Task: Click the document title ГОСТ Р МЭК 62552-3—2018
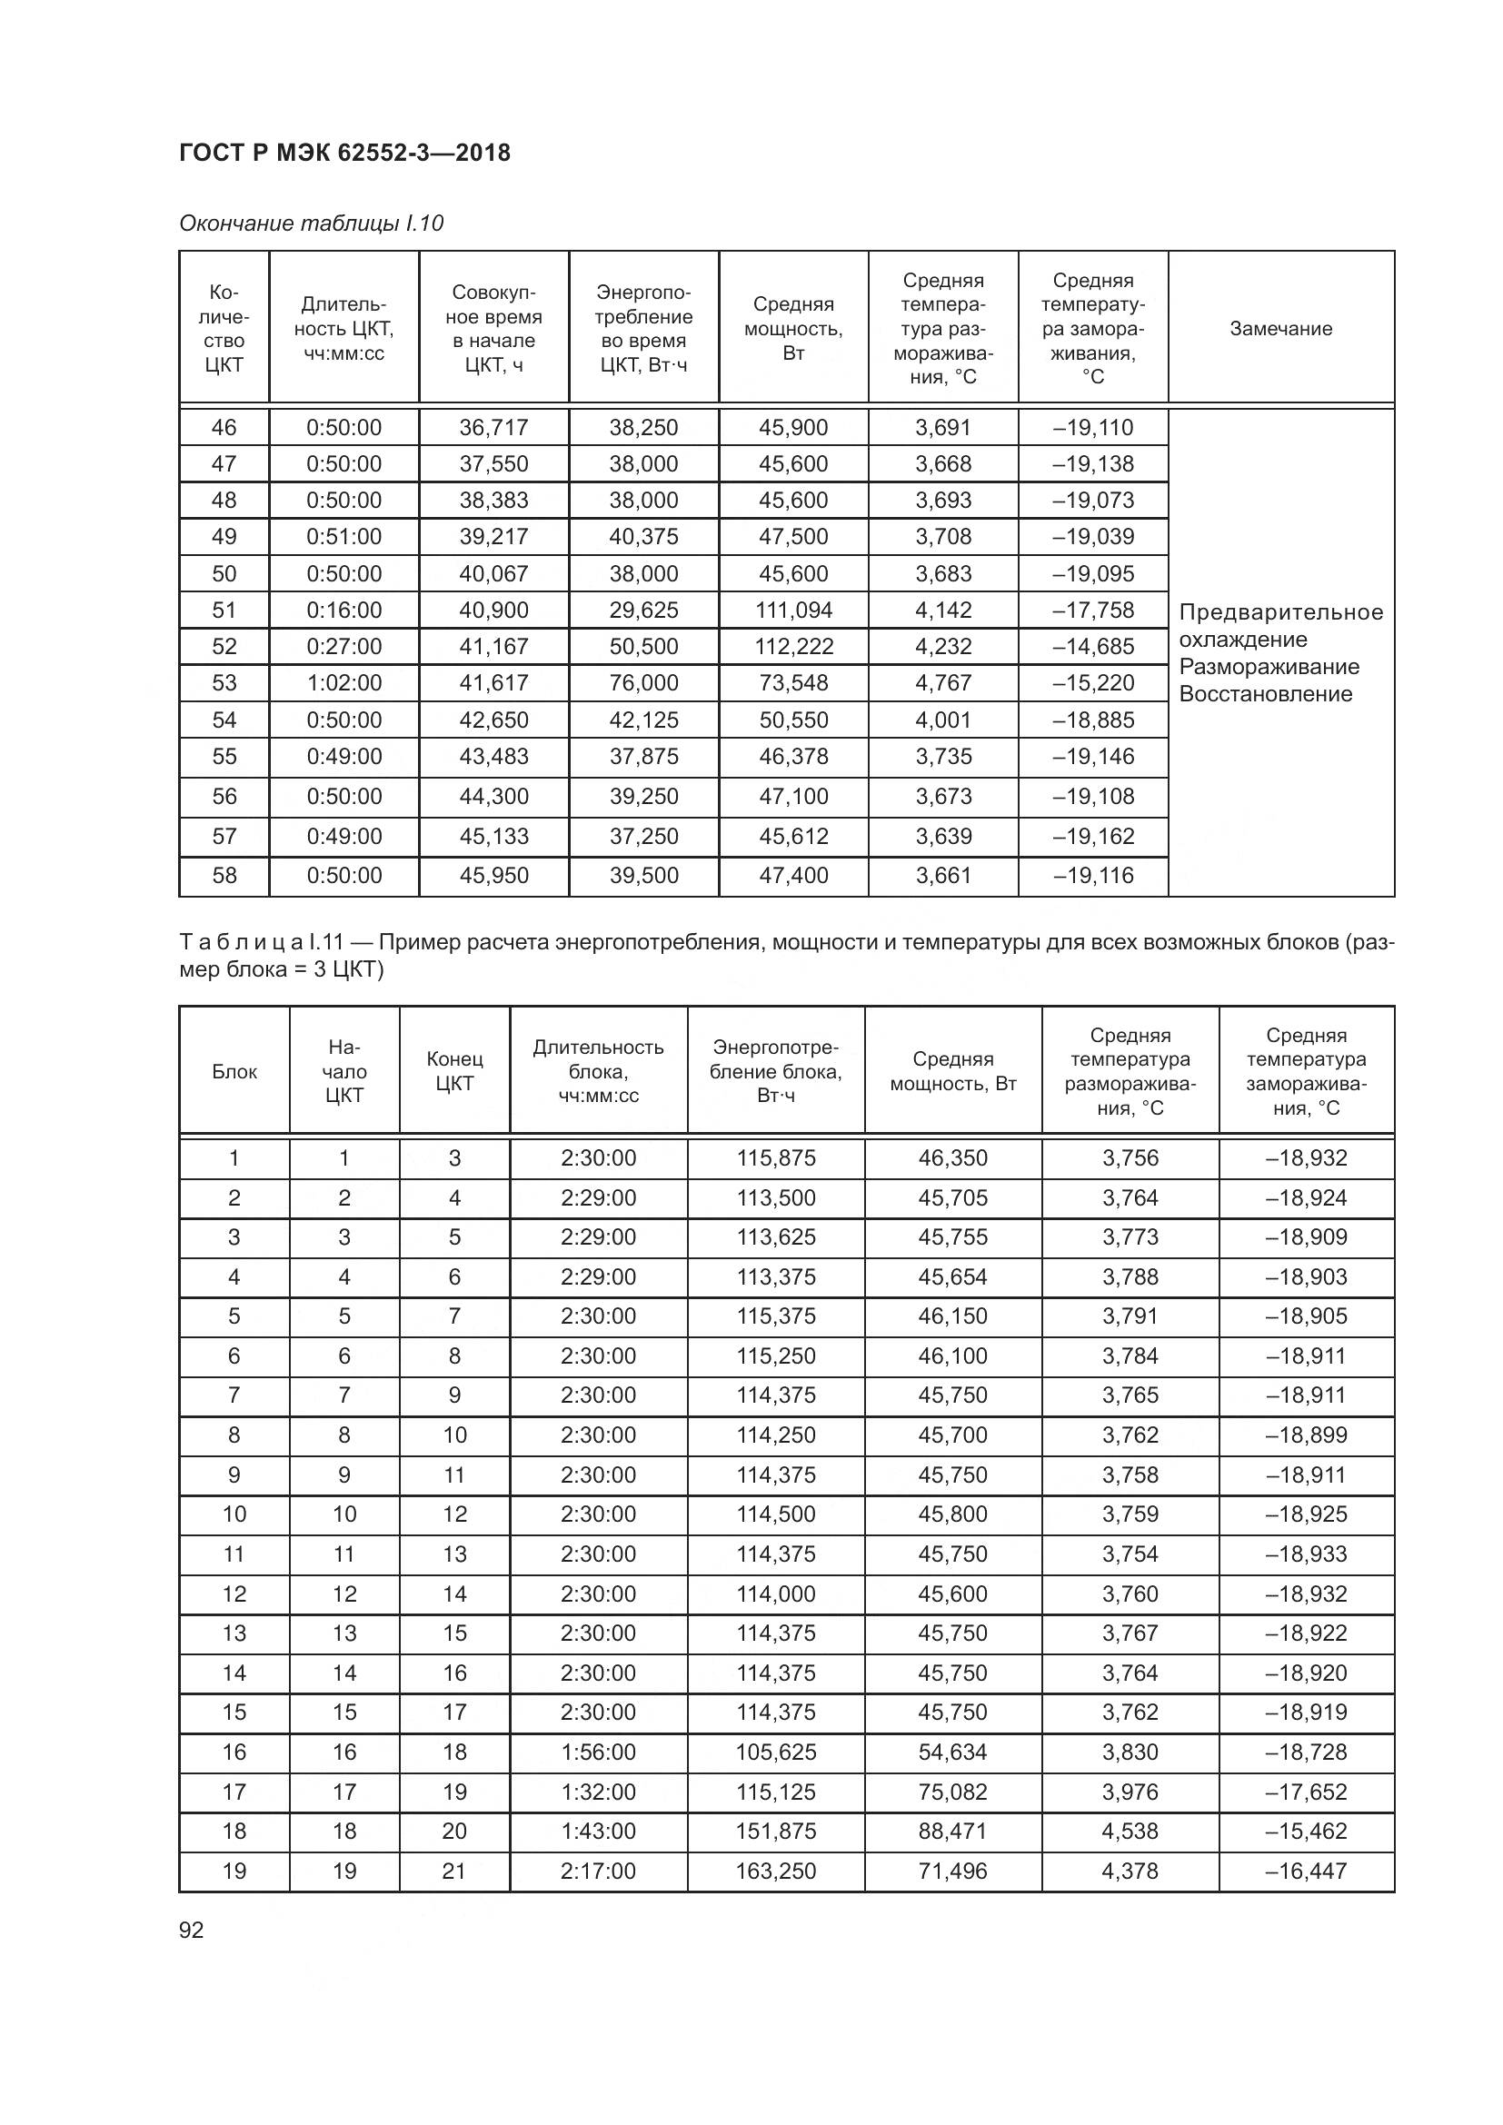pos(344,153)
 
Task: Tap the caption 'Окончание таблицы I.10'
pos(311,223)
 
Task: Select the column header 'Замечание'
pos(1281,329)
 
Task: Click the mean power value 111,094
pos(794,610)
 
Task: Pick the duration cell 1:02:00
pos(344,683)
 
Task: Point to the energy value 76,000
pos(644,683)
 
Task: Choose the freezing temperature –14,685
pos(1093,646)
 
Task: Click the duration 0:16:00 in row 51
pos(344,610)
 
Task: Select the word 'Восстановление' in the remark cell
pos(1265,694)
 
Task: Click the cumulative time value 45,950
pos(494,876)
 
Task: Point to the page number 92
pos(192,1931)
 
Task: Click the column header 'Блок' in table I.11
pos(234,1072)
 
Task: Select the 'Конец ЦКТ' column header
pos(454,1072)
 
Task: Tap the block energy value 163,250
pos(776,1872)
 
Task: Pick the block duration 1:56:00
pos(598,1752)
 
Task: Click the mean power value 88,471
pos(953,1832)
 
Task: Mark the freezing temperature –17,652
pos(1306,1792)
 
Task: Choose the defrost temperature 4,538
pos(1130,1832)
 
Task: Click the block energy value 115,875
pos(776,1157)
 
